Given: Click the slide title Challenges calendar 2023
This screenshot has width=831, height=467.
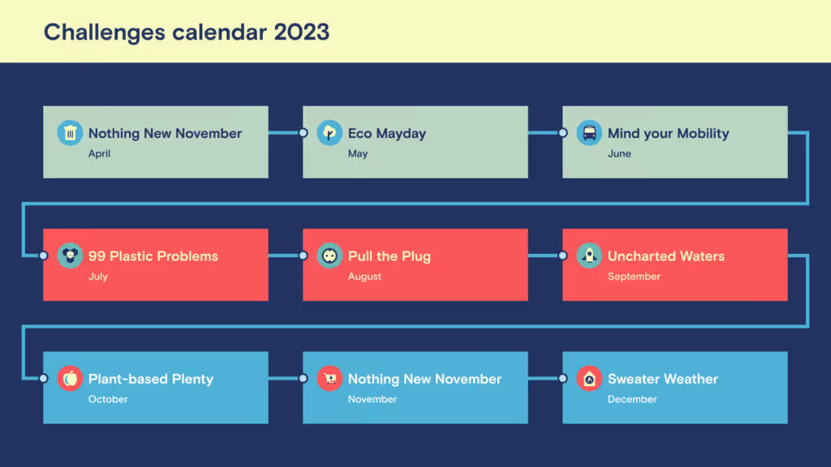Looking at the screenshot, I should pos(186,32).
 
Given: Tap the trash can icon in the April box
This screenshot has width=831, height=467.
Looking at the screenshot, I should pos(71,133).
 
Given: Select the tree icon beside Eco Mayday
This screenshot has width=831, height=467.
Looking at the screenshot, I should pos(329,133).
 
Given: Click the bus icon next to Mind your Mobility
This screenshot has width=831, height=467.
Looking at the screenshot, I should pos(589,133).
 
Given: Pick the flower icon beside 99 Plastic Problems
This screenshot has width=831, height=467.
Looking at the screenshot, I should pos(71,255).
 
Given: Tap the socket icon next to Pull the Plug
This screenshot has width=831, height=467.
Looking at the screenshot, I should pos(329,255).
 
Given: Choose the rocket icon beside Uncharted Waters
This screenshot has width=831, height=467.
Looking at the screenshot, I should pos(589,255).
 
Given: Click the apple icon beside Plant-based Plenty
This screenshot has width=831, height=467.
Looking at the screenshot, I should pos(71,378).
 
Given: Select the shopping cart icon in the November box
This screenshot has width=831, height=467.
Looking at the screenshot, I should pos(329,378).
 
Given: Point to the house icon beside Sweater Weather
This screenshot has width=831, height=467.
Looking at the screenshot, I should pos(589,378).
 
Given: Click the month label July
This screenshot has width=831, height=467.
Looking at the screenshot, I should pos(98,276).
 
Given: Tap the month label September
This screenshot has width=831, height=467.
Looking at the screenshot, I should pos(634,276).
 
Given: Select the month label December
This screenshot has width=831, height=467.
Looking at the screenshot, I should pos(632,399).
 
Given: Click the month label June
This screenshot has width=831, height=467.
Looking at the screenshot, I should pos(619,154).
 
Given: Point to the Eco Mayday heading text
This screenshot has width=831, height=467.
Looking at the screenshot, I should pos(387,134).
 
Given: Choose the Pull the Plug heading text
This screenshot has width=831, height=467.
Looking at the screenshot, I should pos(390,256).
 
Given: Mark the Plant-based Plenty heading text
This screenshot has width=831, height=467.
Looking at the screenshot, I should pos(151,379).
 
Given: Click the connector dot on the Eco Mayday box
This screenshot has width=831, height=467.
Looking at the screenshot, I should pos(303,133).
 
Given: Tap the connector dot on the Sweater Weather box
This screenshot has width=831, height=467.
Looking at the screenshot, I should pos(562,378).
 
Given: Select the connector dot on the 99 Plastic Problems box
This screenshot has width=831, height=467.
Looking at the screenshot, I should pos(43,255).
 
